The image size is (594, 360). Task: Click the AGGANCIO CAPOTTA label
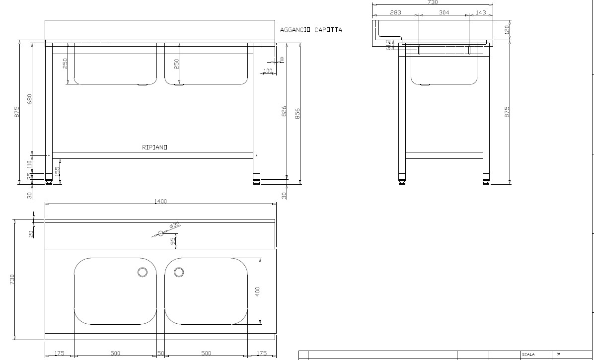point(311,30)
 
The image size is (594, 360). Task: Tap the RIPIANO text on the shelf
point(154,147)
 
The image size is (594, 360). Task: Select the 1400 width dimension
point(160,201)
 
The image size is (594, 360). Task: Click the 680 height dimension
point(29,99)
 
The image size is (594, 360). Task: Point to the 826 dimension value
point(284,111)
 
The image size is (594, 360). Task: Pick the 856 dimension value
point(297,114)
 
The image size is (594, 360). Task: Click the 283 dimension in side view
point(395,12)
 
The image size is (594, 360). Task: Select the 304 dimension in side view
point(444,12)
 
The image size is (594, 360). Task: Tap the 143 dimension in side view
point(480,12)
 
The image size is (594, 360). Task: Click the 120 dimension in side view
point(507,30)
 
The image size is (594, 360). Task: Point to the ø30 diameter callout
point(174,226)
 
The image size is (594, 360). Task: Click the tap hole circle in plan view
point(160,233)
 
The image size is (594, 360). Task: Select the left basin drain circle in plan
point(143,272)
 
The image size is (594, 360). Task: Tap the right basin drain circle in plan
point(179,272)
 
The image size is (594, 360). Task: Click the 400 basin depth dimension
point(257,291)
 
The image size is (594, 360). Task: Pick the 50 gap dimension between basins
point(161,353)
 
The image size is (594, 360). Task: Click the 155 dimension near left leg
point(57,171)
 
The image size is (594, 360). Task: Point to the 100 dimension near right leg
point(268,71)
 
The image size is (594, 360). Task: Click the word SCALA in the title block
point(528,355)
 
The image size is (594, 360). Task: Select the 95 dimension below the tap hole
point(173,241)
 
